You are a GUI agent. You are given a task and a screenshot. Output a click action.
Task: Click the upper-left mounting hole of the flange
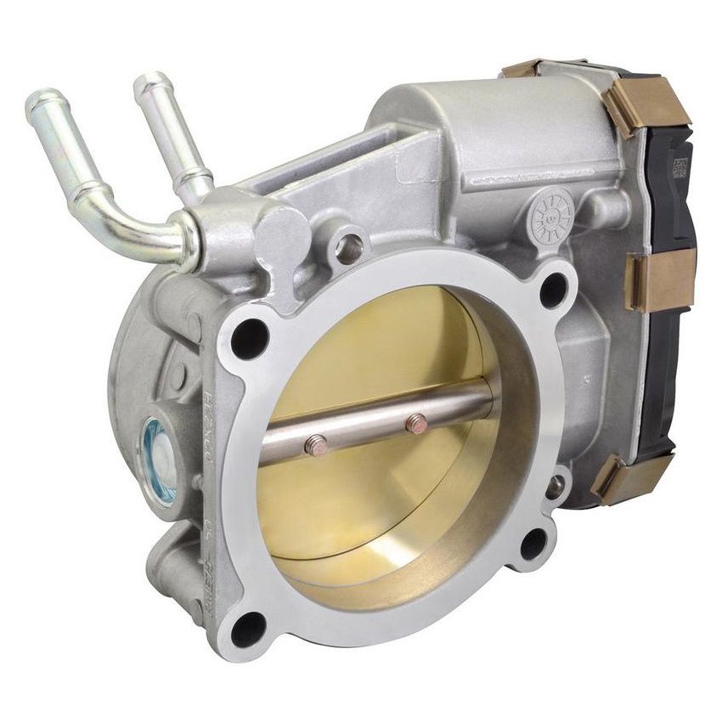(x=249, y=339)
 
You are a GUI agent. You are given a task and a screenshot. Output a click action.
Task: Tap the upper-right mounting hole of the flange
(x=553, y=290)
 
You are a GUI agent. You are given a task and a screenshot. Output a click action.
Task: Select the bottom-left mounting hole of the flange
(x=248, y=629)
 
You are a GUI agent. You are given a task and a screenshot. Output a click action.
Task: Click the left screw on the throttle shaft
(x=315, y=444)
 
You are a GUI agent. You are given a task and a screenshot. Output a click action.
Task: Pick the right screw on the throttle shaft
(x=416, y=422)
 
